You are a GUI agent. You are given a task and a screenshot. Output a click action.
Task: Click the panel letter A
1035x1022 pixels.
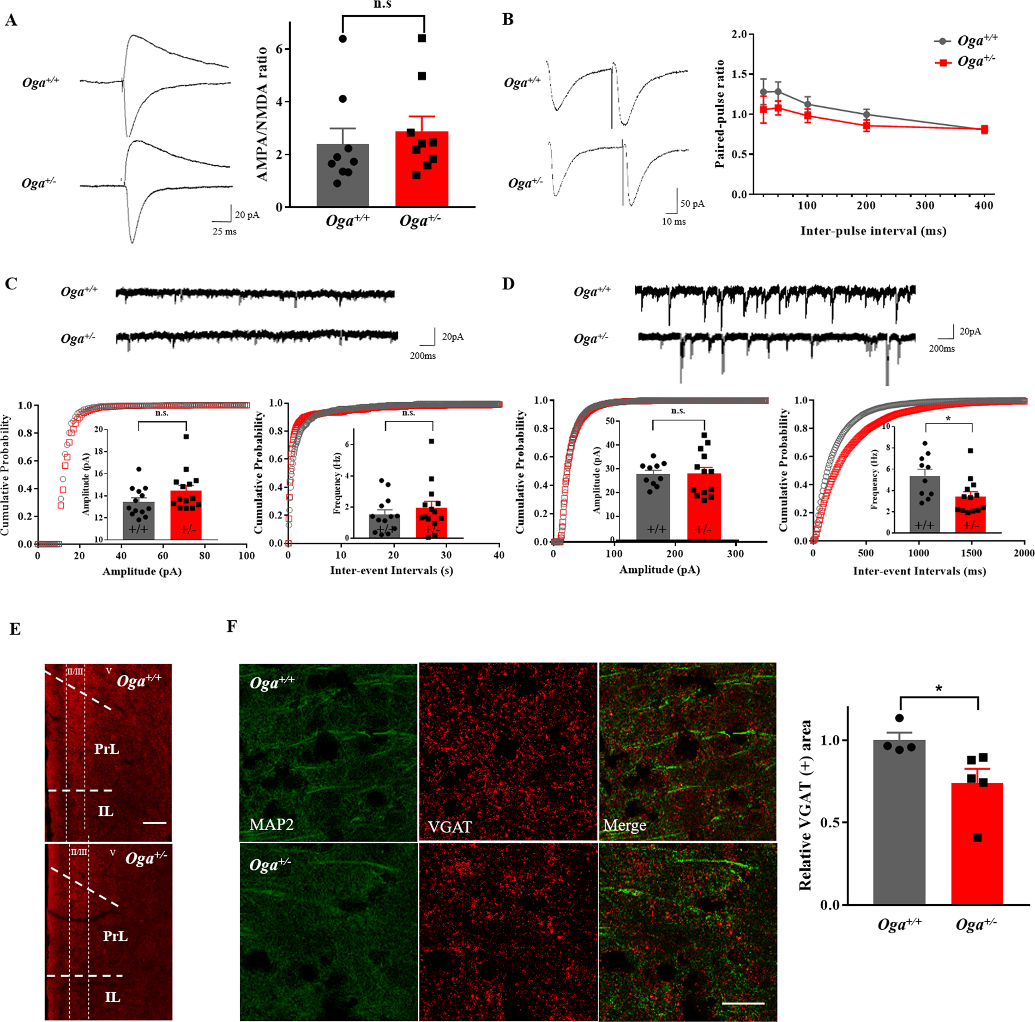11,21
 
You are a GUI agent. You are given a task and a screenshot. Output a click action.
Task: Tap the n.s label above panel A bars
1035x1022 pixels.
382,5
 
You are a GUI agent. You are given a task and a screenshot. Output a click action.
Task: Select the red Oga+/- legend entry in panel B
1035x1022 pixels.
965,62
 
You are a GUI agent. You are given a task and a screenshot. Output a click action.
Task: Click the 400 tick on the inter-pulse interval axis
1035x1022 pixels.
984,205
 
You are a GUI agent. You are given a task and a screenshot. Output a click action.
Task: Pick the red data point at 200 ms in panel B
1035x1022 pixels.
866,126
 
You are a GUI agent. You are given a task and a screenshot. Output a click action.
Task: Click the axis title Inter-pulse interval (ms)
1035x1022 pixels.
873,231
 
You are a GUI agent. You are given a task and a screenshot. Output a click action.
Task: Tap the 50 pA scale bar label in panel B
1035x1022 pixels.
692,204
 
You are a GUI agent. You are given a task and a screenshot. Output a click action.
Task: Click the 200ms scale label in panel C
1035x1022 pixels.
423,356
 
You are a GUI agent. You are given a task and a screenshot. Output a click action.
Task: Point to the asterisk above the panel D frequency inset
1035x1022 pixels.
948,419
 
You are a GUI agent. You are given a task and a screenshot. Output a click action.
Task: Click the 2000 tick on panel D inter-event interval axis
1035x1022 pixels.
1024,553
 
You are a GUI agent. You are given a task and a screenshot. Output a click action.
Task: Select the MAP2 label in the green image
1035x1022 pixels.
272,824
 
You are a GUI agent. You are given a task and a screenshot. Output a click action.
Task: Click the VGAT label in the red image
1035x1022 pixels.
450,827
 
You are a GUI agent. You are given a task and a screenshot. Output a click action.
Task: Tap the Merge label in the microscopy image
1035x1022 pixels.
624,825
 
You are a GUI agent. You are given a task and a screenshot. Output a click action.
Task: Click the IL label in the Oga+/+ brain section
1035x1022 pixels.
106,811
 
